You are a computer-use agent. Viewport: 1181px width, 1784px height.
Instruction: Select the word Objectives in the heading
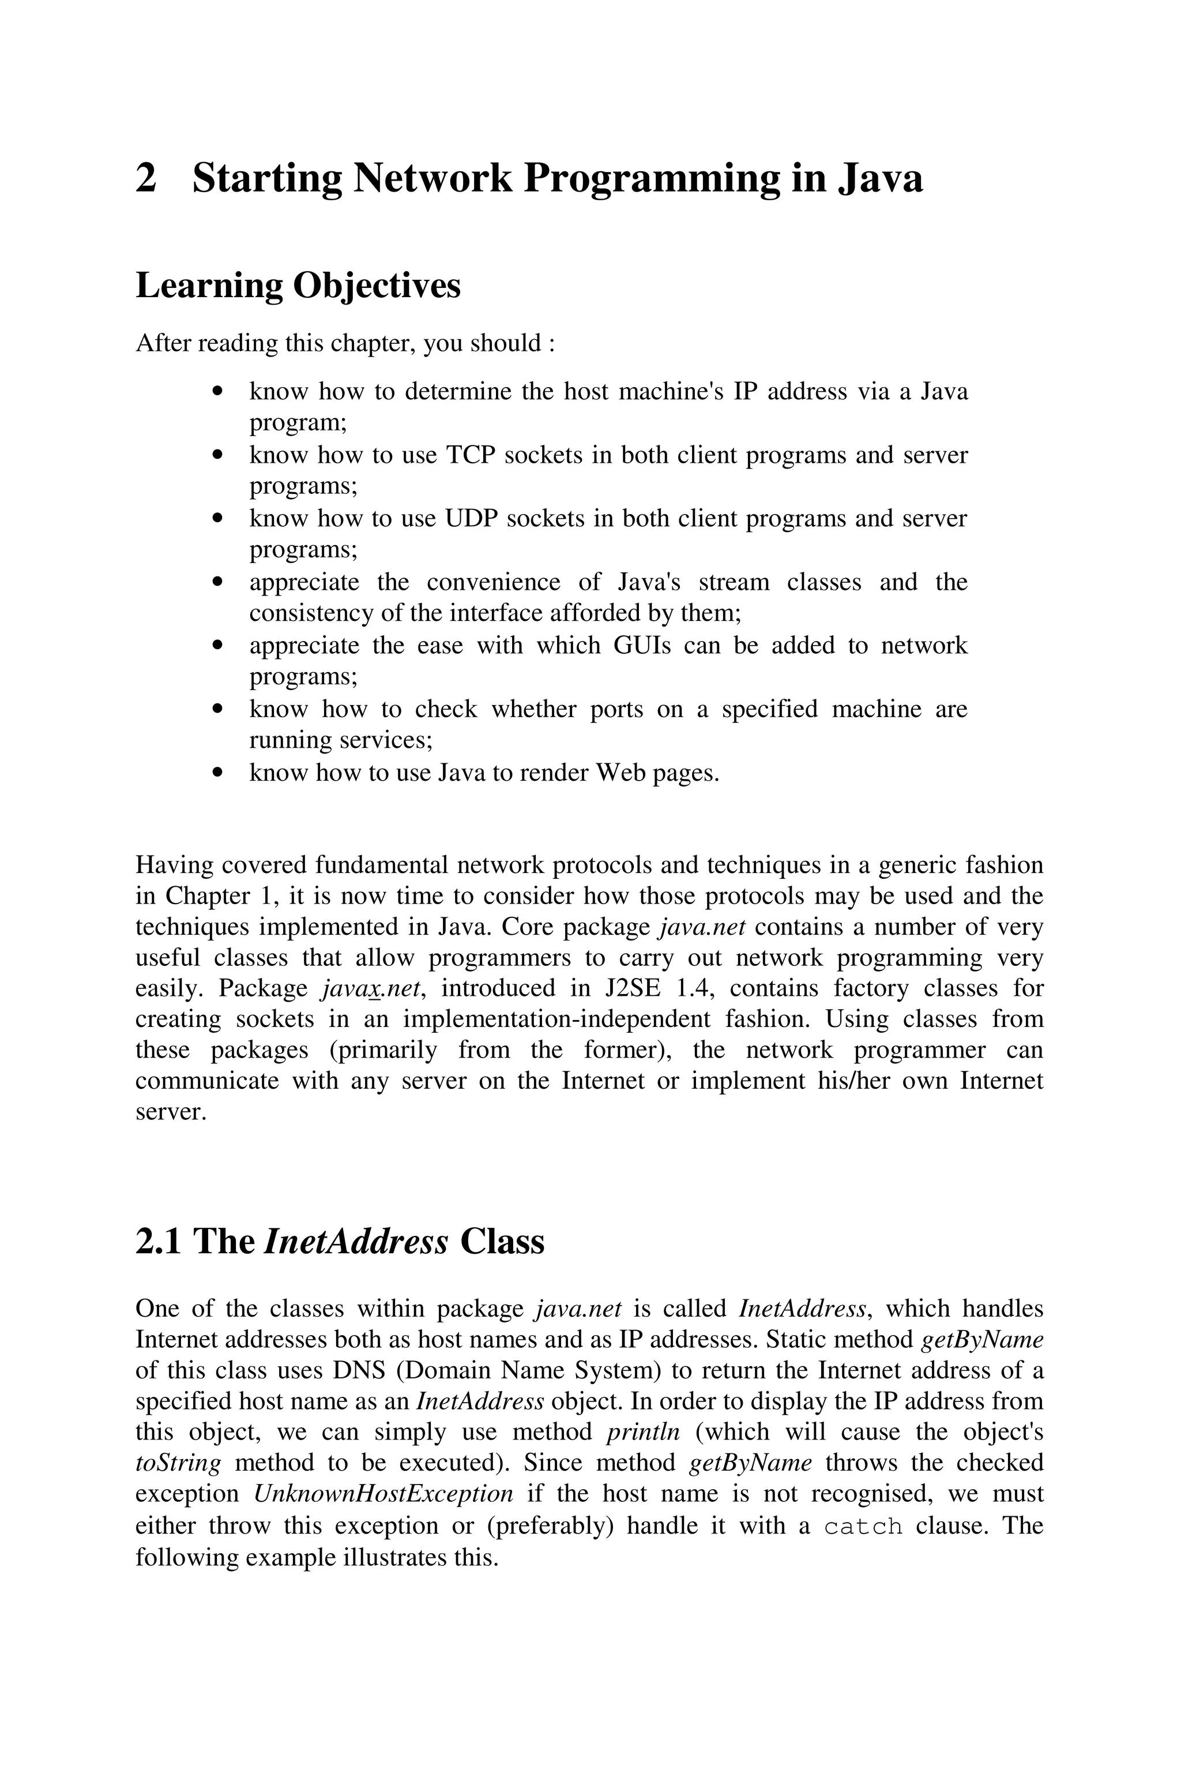376,286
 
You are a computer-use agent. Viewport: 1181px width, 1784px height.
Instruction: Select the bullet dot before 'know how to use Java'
219,772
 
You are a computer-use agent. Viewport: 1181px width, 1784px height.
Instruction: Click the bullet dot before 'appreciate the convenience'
219,582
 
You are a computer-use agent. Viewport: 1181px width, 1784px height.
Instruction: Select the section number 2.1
158,1242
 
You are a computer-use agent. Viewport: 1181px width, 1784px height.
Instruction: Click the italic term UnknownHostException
383,1493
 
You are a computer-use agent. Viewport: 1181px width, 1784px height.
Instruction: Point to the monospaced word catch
863,1526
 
